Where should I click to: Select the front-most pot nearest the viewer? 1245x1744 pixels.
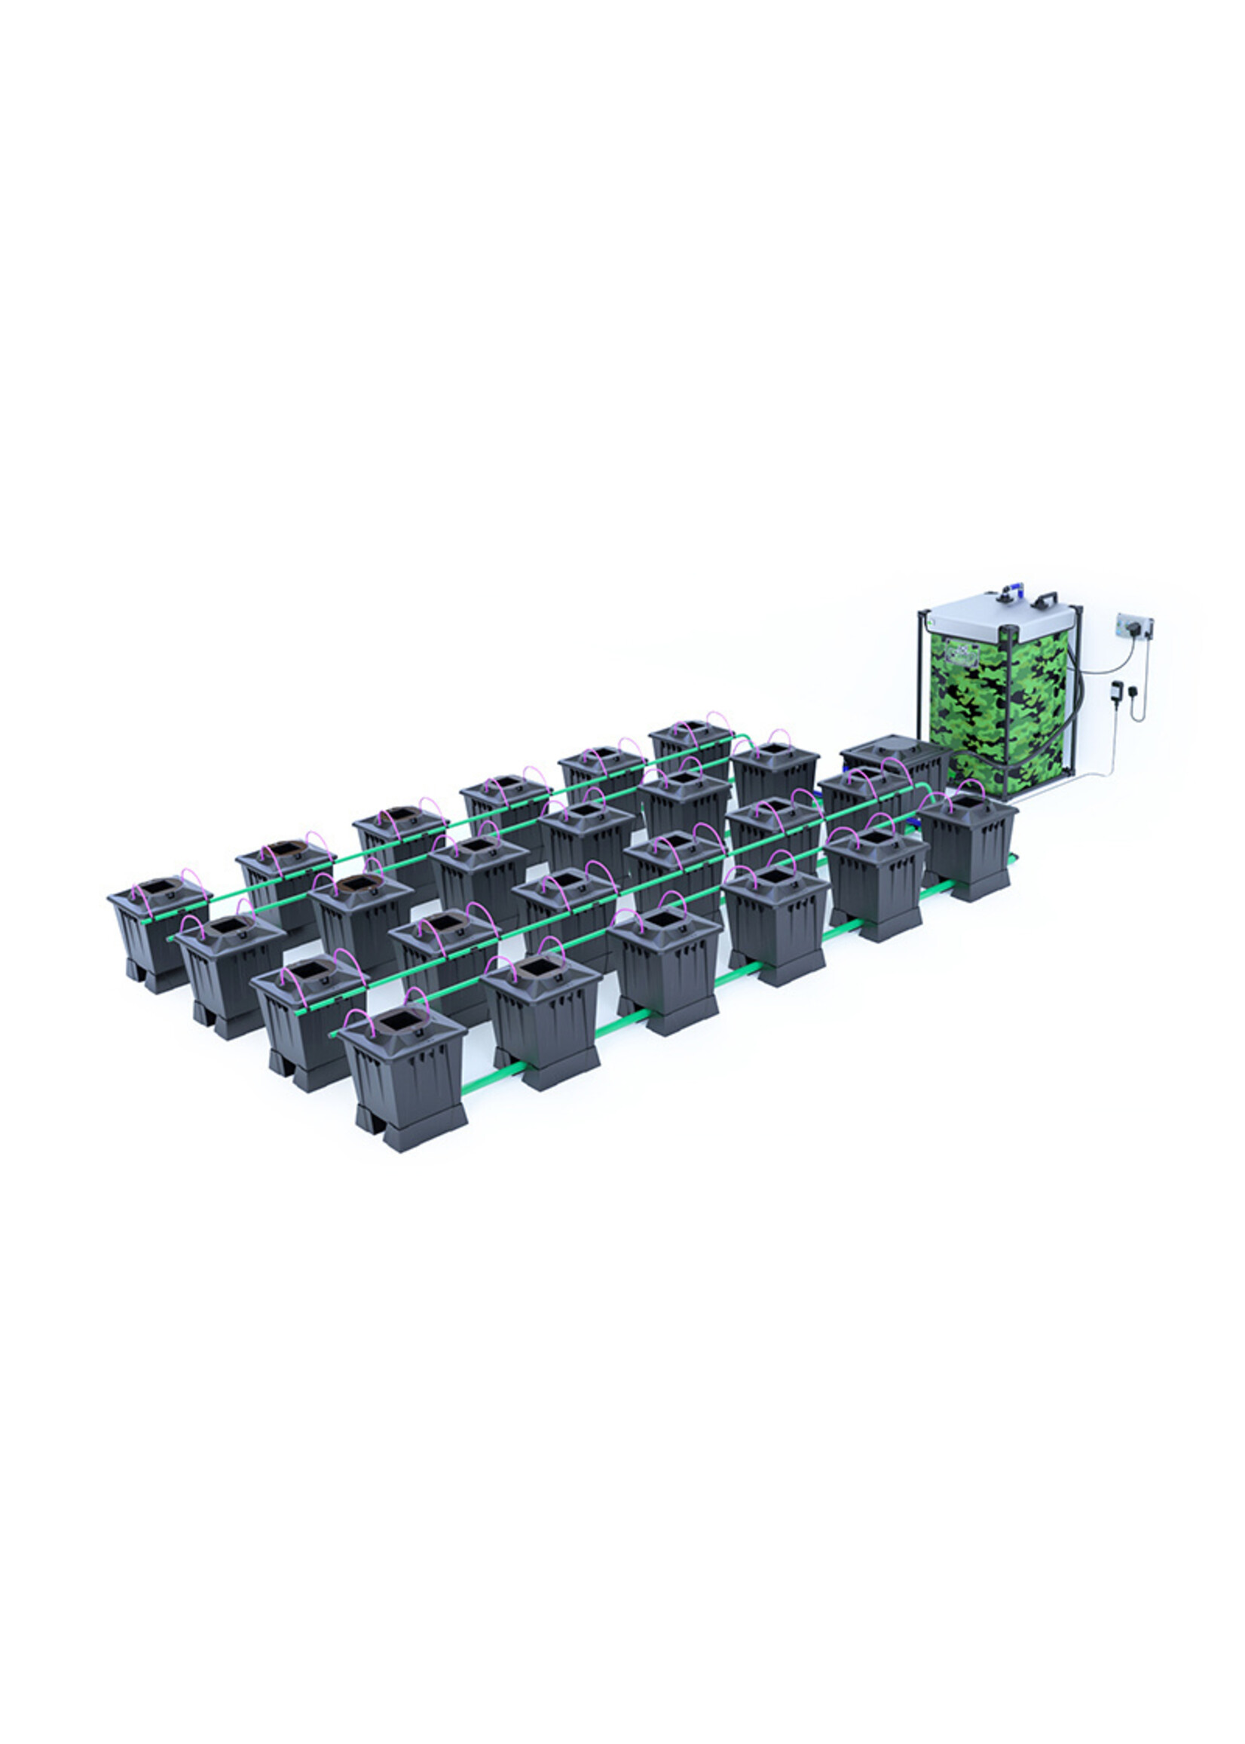[x=404, y=1074]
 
